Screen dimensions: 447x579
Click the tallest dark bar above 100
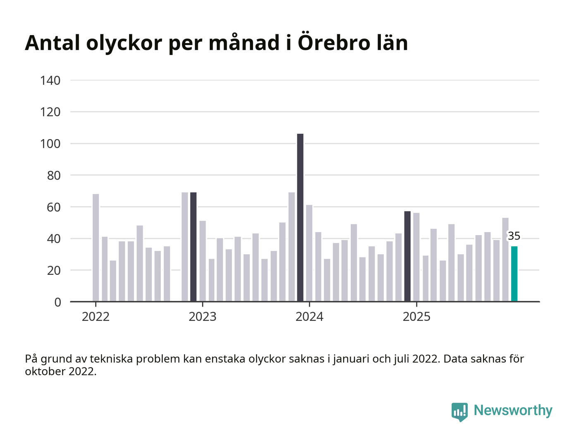pos(300,217)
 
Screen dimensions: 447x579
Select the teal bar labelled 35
pos(514,274)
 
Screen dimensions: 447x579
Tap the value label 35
pos(514,236)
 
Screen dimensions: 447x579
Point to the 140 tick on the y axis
pos(50,80)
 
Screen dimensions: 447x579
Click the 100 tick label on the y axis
pos(50,144)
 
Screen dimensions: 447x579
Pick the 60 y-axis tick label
pos(54,207)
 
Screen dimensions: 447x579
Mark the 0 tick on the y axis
pos(57,303)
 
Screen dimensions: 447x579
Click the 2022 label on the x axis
pos(96,317)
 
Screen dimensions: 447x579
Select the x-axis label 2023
pos(203,317)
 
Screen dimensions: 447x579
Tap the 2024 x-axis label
pos(309,317)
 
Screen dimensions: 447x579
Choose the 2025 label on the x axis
pos(416,317)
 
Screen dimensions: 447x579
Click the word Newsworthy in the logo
pos(513,410)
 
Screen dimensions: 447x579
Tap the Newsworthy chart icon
pos(459,411)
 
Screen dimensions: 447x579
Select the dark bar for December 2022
pos(194,247)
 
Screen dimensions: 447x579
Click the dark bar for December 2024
pos(407,257)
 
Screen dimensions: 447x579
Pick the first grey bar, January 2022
pos(96,248)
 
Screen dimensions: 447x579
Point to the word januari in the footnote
pos(352,359)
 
